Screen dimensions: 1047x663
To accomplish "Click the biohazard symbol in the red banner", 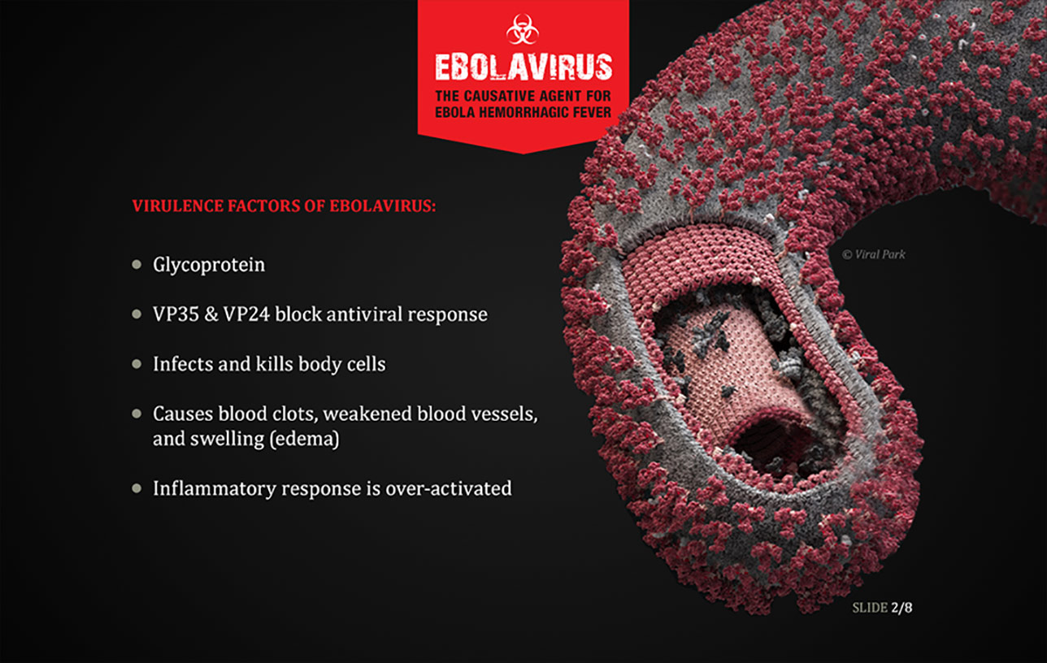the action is [x=523, y=29].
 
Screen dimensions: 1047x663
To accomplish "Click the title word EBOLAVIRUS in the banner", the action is [x=523, y=67].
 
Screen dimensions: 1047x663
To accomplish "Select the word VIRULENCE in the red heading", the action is [x=177, y=206].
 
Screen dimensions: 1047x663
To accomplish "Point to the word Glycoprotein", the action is [x=209, y=265].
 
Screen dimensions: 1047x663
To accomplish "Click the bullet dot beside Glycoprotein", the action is [x=137, y=265].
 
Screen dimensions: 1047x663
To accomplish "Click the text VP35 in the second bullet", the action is [x=176, y=314].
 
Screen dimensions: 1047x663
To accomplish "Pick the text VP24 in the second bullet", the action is [x=246, y=314].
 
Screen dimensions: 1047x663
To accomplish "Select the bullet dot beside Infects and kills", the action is [x=137, y=364].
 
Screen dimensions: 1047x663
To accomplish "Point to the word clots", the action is [x=295, y=414].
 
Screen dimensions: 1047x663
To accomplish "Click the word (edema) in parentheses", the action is [x=304, y=440].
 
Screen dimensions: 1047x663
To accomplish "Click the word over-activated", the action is [x=449, y=489].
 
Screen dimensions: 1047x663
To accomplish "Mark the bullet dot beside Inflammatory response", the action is [x=137, y=489].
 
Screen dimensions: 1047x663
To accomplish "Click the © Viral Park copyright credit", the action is [x=874, y=254].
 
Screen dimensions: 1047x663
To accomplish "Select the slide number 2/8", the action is [x=901, y=608].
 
